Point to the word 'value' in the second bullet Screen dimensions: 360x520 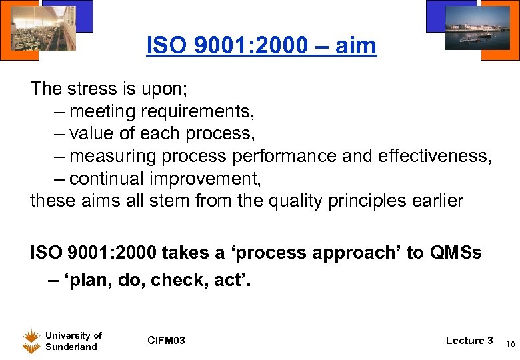[x=95, y=133]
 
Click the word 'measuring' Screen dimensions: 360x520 [x=115, y=156]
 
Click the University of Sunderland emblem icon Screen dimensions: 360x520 [x=31, y=341]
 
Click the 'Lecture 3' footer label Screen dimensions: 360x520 [x=469, y=341]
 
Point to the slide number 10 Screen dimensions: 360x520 [x=509, y=345]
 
